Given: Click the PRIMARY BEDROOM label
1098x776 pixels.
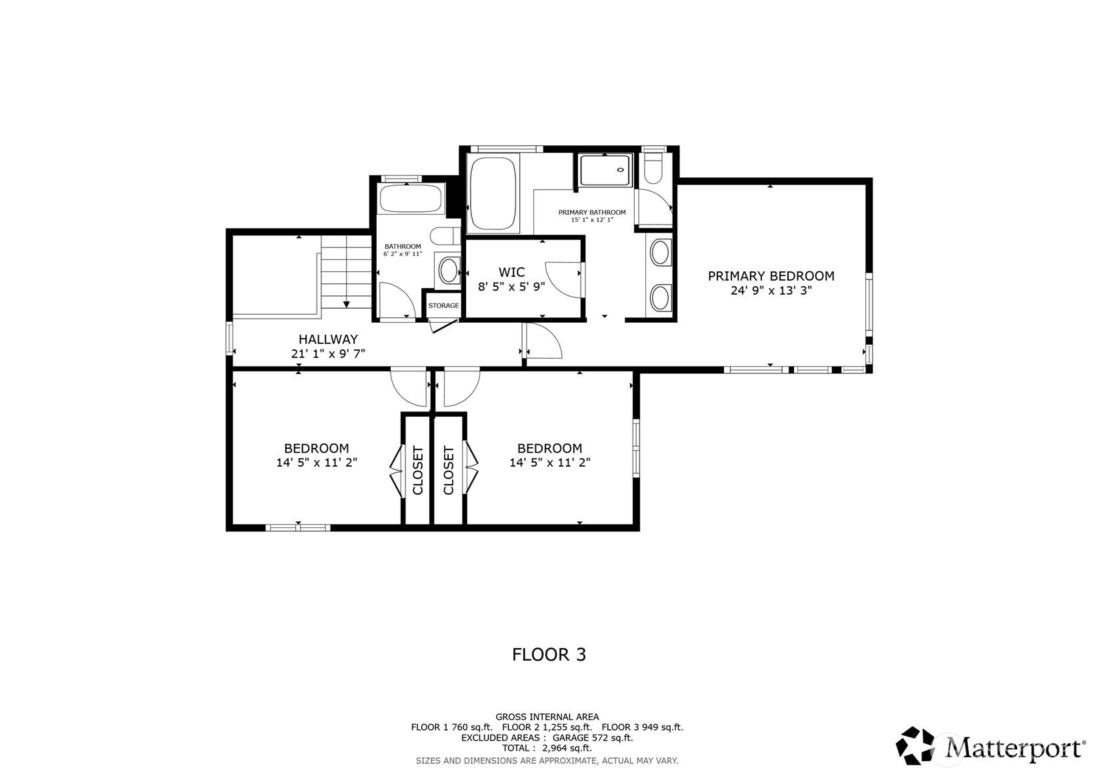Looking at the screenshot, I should click(771, 276).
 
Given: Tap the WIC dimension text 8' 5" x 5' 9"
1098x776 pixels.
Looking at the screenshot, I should click(511, 287).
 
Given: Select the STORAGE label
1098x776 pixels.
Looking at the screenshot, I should click(443, 306).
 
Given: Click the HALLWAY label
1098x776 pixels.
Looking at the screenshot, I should click(328, 339).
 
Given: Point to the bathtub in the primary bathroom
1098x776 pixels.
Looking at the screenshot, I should click(493, 193).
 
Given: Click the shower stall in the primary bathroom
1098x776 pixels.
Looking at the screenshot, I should click(605, 170).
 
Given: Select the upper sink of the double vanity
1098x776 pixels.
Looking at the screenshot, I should click(660, 253).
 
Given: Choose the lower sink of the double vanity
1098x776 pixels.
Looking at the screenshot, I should click(660, 297).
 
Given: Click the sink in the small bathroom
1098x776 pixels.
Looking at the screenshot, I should click(448, 271).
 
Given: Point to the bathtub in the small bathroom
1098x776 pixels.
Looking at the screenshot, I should click(411, 199).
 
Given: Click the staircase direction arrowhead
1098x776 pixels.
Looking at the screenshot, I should click(347, 304).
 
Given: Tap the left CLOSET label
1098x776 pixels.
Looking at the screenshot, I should click(418, 470).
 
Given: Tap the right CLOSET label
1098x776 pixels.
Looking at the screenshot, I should click(449, 470).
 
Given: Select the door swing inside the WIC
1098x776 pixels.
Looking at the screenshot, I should click(564, 279).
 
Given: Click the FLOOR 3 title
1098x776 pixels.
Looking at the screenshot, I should click(549, 655).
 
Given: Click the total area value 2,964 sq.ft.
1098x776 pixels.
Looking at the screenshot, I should click(567, 749).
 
